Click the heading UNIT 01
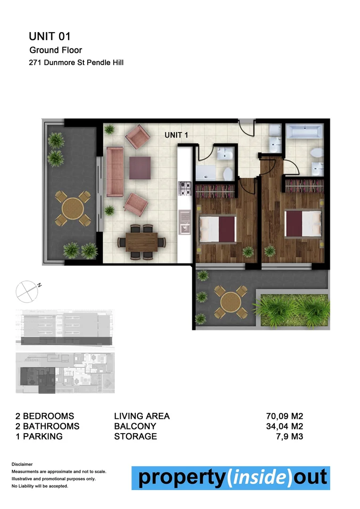pos(50,36)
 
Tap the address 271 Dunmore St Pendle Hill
pos(76,62)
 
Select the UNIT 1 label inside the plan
pos(176,135)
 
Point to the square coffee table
pos(140,167)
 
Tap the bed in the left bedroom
pos(217,228)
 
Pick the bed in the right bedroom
pos(303,224)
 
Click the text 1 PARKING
pos(39,436)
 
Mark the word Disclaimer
pos(22,464)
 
